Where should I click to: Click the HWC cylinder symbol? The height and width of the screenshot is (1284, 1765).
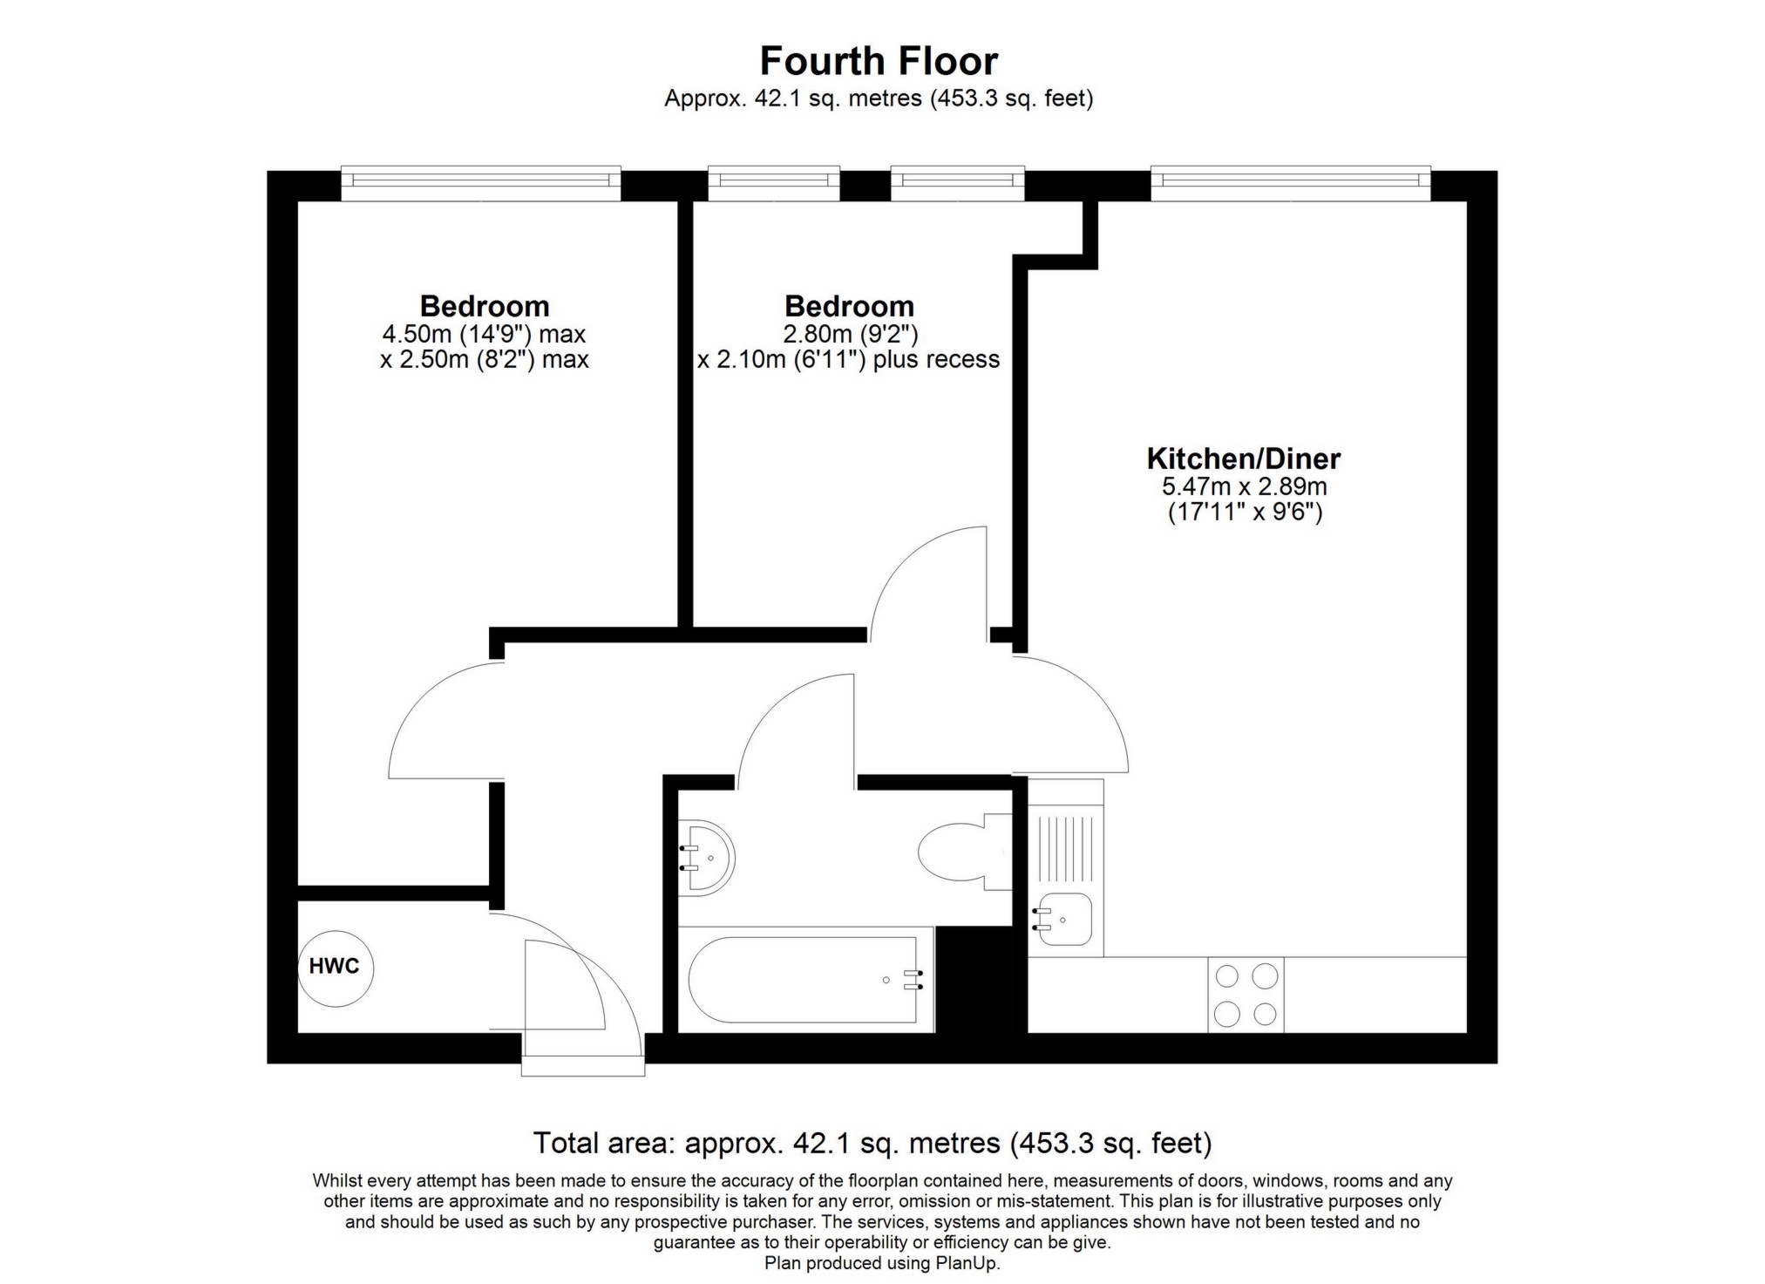click(336, 968)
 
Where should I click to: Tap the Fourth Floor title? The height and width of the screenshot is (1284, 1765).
click(879, 61)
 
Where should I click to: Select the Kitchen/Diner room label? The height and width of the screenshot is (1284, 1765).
click(1243, 459)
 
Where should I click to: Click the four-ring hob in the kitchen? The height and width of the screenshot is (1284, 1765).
click(1246, 995)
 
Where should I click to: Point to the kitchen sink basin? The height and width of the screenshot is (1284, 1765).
click(1062, 920)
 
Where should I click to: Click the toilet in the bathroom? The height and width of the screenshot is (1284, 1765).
click(965, 852)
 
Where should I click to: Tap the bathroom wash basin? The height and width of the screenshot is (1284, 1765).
click(707, 858)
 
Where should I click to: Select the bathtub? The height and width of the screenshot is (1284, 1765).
click(805, 980)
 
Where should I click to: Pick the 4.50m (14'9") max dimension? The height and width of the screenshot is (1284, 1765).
click(484, 334)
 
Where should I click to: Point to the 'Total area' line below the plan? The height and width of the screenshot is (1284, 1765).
click(872, 1143)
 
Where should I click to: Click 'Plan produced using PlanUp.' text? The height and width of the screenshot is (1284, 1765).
click(882, 1263)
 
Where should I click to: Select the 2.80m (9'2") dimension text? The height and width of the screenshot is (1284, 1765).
click(850, 334)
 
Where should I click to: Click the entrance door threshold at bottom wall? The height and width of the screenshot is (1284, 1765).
click(583, 1066)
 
